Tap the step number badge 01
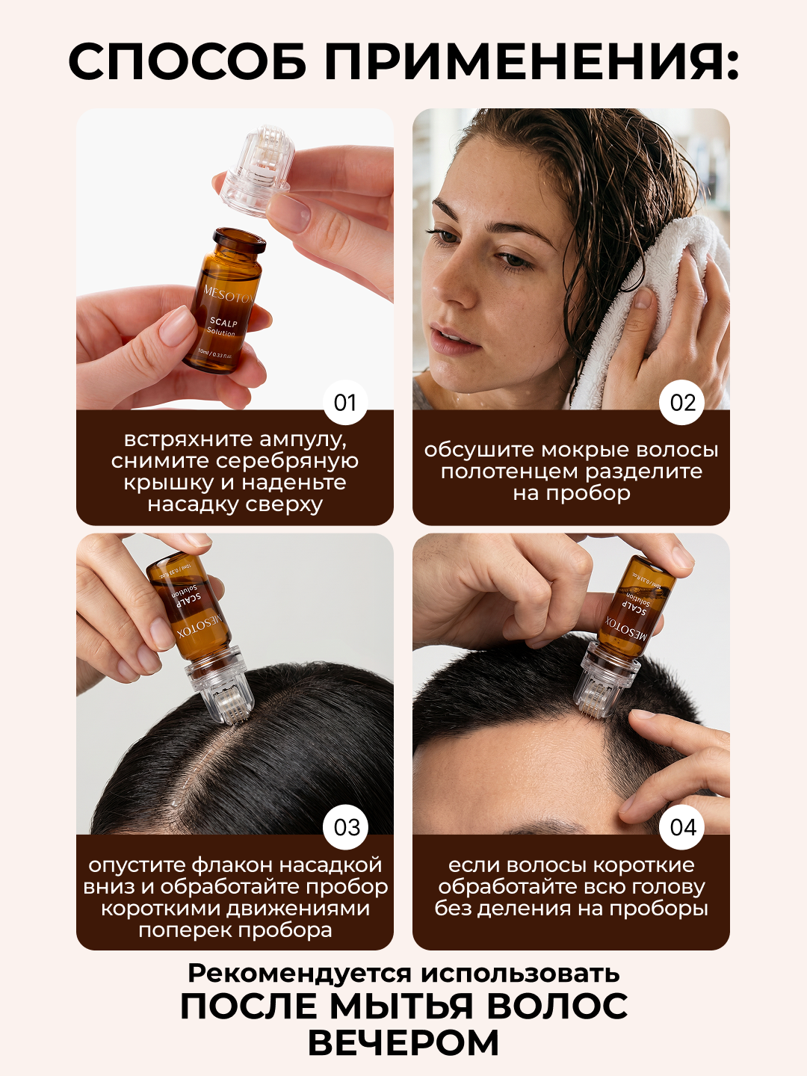point(345,403)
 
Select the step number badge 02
point(682,403)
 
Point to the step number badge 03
point(346,827)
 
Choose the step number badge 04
point(683,827)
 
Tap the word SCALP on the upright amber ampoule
point(223,323)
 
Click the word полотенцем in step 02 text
point(510,471)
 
